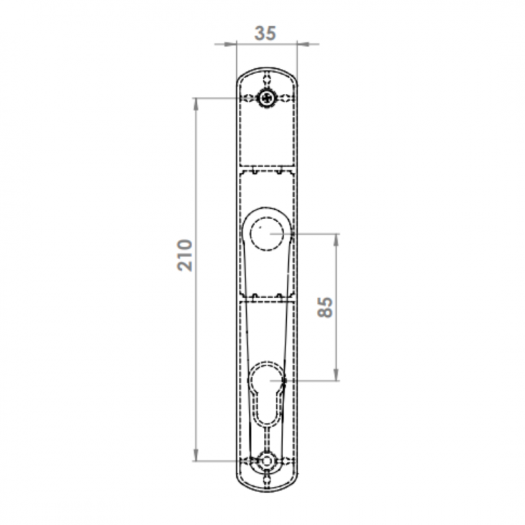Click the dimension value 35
tap(265, 33)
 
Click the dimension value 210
tap(185, 255)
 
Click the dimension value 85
tap(325, 307)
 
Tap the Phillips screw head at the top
tap(267, 98)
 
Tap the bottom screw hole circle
tap(267, 461)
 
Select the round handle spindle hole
tap(267, 234)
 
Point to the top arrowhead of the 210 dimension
tap(196, 104)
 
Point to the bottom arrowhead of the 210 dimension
tap(196, 455)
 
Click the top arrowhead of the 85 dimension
tap(336, 240)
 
